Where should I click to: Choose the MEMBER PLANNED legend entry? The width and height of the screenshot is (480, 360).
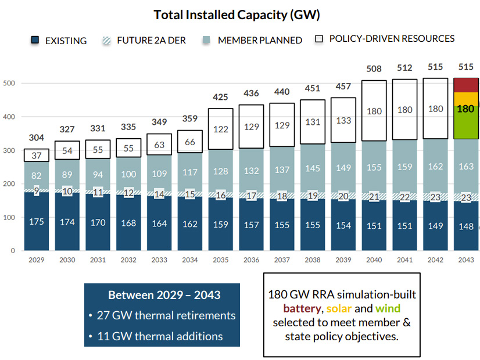click(260, 41)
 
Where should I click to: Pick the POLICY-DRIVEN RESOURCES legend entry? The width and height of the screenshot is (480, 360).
click(392, 39)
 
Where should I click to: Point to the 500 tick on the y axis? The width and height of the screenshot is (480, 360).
click(10, 83)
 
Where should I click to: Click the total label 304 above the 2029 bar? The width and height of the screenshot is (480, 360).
click(37, 138)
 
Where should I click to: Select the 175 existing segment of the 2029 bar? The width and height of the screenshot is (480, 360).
click(37, 221)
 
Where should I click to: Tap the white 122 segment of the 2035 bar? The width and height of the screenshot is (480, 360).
click(220, 129)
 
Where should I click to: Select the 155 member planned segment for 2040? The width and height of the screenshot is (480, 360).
click(374, 167)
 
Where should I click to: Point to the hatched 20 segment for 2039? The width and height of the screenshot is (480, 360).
click(343, 196)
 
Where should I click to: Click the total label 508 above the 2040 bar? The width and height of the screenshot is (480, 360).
click(374, 69)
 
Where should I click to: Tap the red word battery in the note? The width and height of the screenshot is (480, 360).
click(300, 308)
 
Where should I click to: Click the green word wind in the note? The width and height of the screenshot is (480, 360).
click(388, 308)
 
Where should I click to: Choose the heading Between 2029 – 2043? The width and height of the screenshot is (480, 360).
click(164, 295)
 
